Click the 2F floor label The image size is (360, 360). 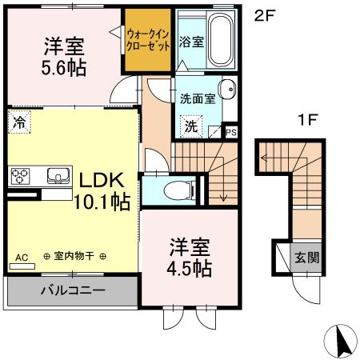click(266, 15)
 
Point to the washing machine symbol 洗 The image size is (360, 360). click(191, 126)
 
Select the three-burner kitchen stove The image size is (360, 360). click(19, 176)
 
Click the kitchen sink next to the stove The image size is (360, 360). click(58, 176)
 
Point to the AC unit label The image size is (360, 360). click(22, 258)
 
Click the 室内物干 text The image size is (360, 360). click(74, 256)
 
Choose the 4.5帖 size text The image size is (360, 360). click(190, 268)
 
